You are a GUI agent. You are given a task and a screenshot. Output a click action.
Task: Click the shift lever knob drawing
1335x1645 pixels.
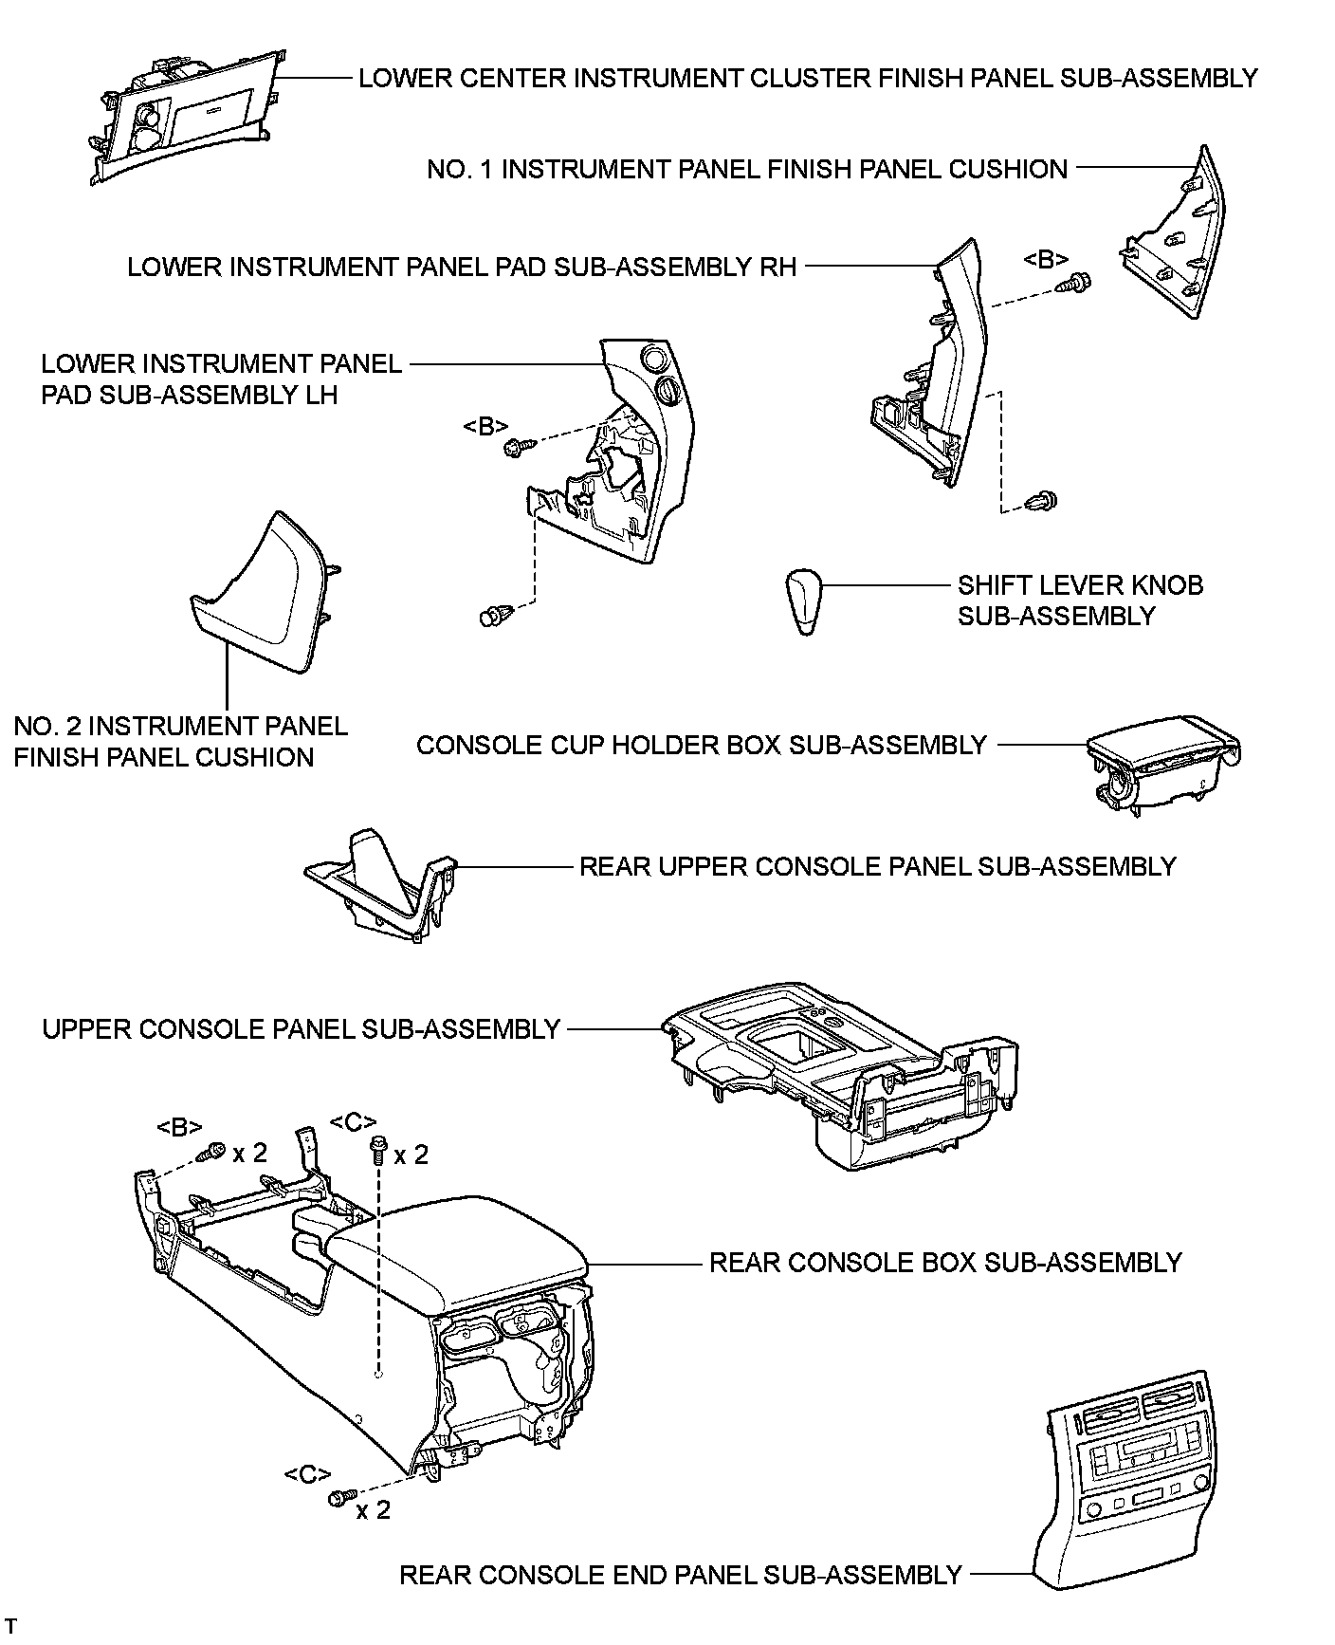click(804, 601)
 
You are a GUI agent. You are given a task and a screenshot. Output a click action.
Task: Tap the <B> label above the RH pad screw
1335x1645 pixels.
click(1047, 258)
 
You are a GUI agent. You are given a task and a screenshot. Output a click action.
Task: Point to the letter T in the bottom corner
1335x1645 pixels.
click(12, 1626)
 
